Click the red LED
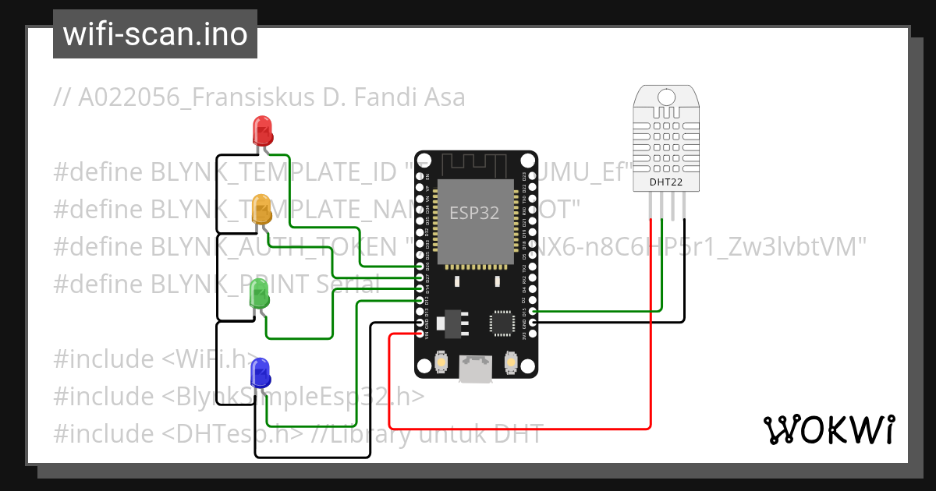click(262, 130)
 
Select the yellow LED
click(262, 210)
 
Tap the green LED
click(259, 294)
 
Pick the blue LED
click(260, 373)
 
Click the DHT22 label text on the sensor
click(666, 182)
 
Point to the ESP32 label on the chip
click(474, 213)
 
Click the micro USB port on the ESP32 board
click(475, 369)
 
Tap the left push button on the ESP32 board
click(441, 363)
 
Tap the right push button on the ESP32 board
click(511, 363)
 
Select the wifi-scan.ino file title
click(155, 34)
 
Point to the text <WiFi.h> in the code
click(209, 359)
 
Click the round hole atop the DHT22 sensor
click(666, 97)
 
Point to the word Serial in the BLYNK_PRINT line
click(348, 284)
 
